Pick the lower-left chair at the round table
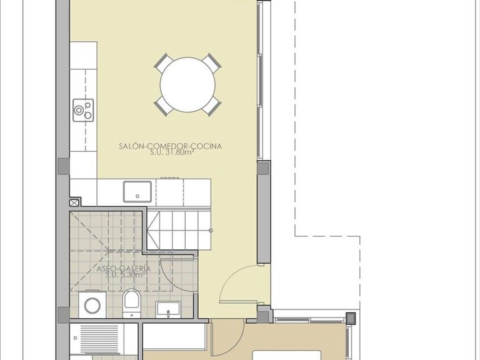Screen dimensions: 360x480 coord(164,105)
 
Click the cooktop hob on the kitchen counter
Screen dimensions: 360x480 coord(83,110)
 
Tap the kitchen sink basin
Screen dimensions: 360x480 coord(137,192)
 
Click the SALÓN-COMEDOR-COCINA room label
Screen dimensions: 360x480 coord(171,147)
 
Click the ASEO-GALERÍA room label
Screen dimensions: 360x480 coord(124,268)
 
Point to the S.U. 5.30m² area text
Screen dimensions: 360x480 coord(125,275)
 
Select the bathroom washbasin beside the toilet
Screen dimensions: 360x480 coord(168,309)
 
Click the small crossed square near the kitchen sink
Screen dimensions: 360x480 coord(75,202)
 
